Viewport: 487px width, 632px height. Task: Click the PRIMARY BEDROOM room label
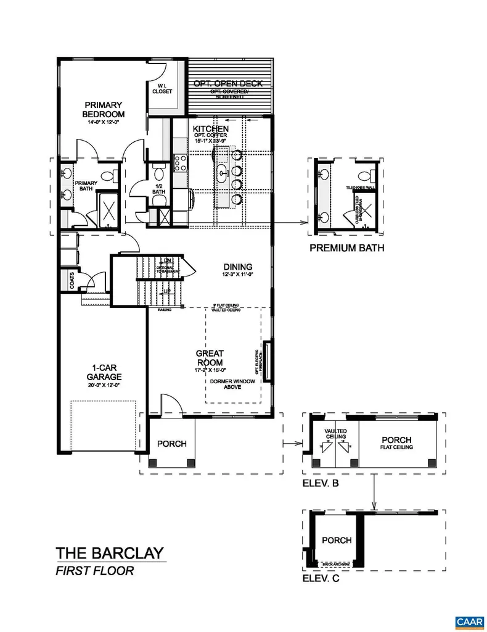point(104,109)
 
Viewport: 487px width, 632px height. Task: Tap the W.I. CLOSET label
point(162,88)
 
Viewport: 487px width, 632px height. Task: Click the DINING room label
point(237,267)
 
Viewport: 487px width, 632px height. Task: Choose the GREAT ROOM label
point(210,358)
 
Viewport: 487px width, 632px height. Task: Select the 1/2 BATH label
point(158,188)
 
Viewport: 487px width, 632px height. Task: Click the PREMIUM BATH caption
point(346,249)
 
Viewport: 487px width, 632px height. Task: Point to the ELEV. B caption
point(320,484)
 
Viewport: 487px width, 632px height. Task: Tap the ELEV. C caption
point(320,579)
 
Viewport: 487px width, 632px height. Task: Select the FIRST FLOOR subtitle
point(94,571)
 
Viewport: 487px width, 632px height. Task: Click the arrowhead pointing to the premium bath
point(304,222)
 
